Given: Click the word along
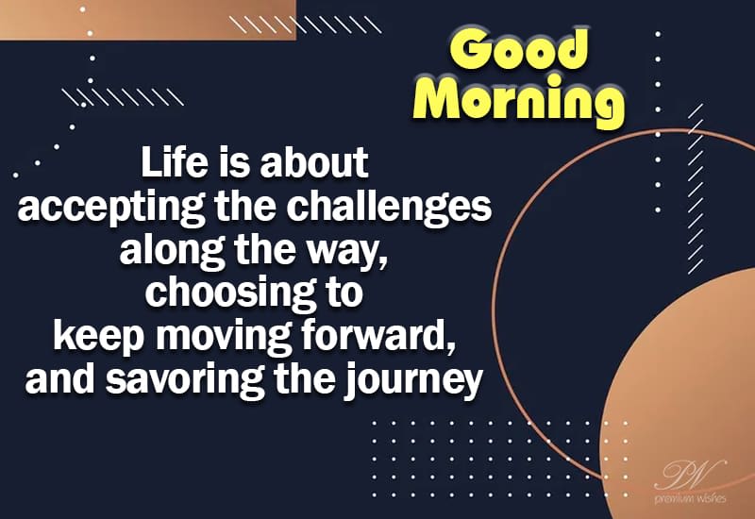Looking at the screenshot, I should point(164,252).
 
